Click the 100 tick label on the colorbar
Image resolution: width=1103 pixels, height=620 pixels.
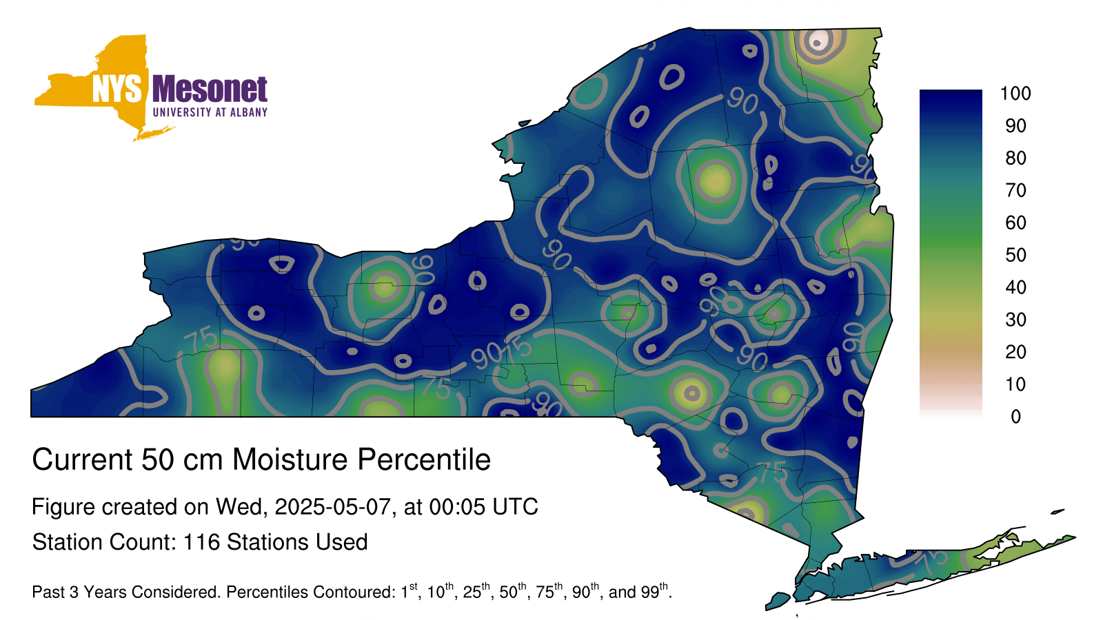[x=1015, y=94]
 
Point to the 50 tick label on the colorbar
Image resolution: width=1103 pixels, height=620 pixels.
[x=1015, y=255]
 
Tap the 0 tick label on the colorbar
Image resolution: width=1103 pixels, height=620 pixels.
[x=1015, y=417]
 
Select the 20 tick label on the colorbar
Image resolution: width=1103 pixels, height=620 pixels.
[x=1015, y=352]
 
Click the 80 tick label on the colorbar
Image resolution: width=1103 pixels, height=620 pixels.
[x=1015, y=158]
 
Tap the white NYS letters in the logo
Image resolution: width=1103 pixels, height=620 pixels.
[x=117, y=89]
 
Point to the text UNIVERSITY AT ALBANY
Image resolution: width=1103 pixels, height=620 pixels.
[x=210, y=112]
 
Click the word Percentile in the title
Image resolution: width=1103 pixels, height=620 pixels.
[x=424, y=459]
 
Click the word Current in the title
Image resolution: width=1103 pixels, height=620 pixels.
[x=83, y=459]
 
